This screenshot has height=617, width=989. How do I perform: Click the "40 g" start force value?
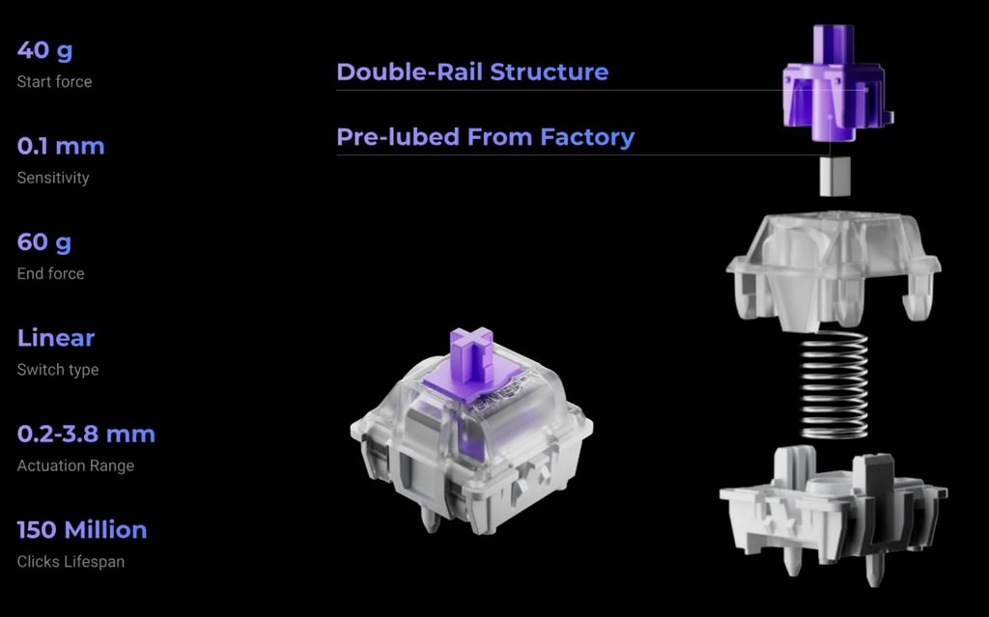tap(44, 50)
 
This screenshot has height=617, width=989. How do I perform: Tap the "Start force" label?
tap(54, 82)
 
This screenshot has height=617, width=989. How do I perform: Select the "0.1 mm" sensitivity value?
tap(61, 146)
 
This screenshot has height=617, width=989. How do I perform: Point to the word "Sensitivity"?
tap(53, 178)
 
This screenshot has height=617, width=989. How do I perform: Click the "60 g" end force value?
tap(44, 242)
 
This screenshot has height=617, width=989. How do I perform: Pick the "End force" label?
tap(50, 274)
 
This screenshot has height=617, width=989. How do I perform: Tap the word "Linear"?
tap(55, 338)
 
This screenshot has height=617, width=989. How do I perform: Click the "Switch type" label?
tap(58, 370)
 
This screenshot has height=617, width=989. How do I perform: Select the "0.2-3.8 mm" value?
tap(86, 435)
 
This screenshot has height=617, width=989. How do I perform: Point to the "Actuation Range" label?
tap(75, 465)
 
